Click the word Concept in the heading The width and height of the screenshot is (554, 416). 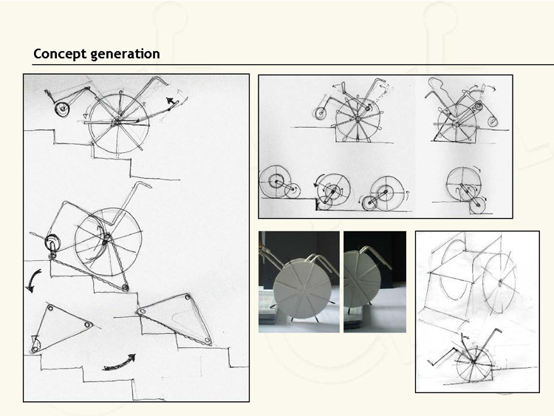click(x=60, y=54)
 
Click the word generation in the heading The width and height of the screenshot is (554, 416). click(x=125, y=55)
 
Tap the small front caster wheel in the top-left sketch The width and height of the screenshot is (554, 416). click(x=62, y=109)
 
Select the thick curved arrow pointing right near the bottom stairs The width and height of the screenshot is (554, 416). click(x=119, y=364)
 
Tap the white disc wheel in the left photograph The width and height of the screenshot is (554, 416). click(x=302, y=288)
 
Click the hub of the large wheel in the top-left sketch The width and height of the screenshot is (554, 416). click(x=116, y=123)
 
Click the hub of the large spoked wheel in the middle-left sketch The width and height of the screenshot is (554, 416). click(x=105, y=242)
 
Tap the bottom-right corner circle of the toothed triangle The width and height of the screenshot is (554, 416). click(x=208, y=341)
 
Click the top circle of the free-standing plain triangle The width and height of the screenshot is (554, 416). click(x=50, y=308)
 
